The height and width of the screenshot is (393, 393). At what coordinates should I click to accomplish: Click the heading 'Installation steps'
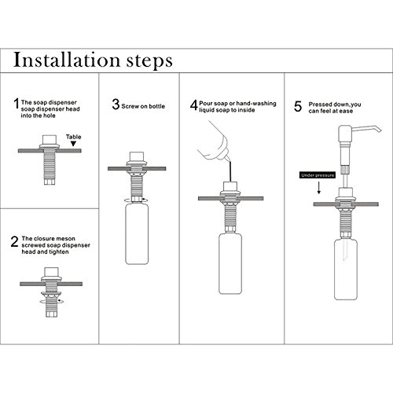pyautogui.click(x=93, y=61)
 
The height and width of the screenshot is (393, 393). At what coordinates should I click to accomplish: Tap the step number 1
pyautogui.click(x=17, y=103)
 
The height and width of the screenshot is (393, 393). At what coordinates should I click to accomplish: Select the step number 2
pyautogui.click(x=14, y=241)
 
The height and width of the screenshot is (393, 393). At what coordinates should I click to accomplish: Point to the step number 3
pyautogui.click(x=116, y=104)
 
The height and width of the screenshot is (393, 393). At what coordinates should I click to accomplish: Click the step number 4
pyautogui.click(x=194, y=105)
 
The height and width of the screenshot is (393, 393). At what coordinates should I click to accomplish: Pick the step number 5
pyautogui.click(x=298, y=106)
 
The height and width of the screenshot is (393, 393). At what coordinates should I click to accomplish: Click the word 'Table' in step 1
pyautogui.click(x=74, y=137)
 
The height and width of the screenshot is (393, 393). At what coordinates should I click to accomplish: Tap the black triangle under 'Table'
pyautogui.click(x=74, y=144)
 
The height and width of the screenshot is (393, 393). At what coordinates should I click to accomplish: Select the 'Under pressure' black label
pyautogui.click(x=318, y=175)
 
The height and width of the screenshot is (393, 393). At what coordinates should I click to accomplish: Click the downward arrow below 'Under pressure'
pyautogui.click(x=319, y=188)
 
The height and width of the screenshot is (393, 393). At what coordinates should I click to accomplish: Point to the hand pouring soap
pyautogui.click(x=215, y=141)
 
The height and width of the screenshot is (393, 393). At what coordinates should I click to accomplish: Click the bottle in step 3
pyautogui.click(x=137, y=233)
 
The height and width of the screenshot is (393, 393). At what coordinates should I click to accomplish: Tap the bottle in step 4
pyautogui.click(x=230, y=263)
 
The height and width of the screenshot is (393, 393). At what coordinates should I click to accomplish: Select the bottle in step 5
pyautogui.click(x=346, y=269)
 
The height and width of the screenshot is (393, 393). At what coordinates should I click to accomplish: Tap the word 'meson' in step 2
pyautogui.click(x=66, y=239)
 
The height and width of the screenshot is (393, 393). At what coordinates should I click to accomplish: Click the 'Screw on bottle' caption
pyautogui.click(x=143, y=106)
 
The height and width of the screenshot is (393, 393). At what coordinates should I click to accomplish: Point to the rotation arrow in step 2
pyautogui.click(x=51, y=301)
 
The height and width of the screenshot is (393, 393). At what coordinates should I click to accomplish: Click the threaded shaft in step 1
pyautogui.click(x=50, y=164)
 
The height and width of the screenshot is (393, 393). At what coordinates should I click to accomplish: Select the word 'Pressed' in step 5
pyautogui.click(x=320, y=105)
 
